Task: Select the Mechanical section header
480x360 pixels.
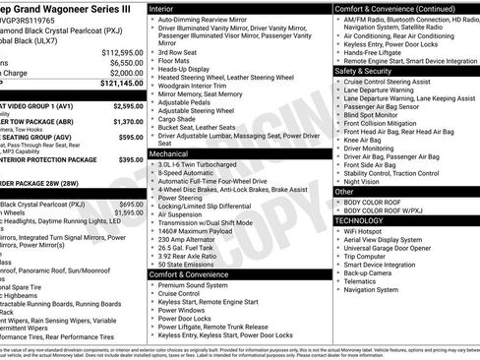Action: click(171, 153)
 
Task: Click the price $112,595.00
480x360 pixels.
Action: click(123, 51)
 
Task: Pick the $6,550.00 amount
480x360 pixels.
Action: click(126, 62)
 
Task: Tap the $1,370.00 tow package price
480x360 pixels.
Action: click(129, 122)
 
